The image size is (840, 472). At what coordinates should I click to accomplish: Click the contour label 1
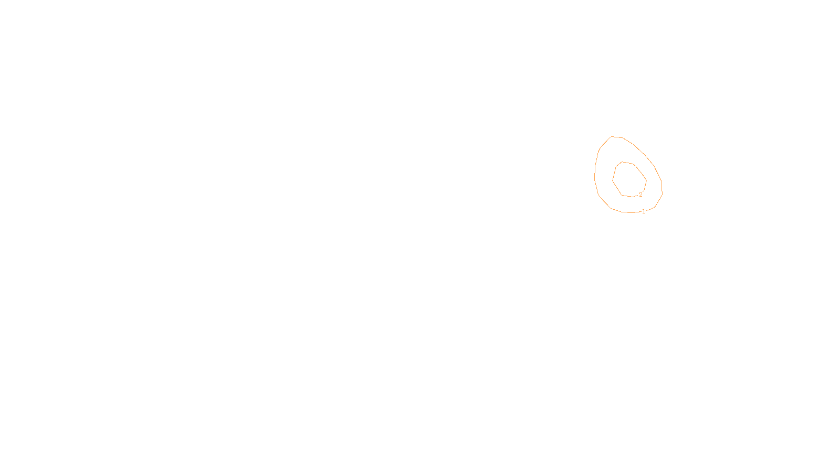pyautogui.click(x=644, y=211)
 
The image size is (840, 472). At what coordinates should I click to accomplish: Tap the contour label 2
pyautogui.click(x=640, y=195)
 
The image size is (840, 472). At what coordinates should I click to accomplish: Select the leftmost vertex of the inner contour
pyautogui.click(x=613, y=180)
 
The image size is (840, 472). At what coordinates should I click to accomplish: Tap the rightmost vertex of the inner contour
pyautogui.click(x=646, y=181)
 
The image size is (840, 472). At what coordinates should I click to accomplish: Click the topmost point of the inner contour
pyautogui.click(x=623, y=162)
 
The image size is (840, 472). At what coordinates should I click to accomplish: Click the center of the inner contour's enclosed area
pyautogui.click(x=629, y=179)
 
